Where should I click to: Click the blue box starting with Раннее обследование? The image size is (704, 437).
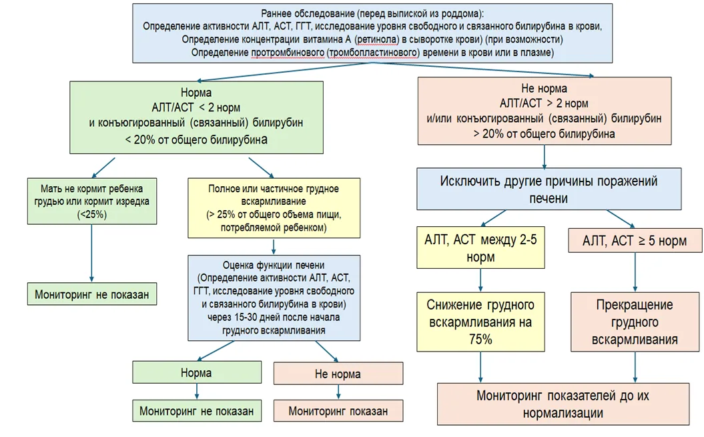[372, 33]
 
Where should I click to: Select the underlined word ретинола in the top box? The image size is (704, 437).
[376, 39]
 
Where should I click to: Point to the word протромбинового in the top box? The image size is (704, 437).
[288, 53]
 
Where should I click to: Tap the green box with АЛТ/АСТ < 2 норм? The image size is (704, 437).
[196, 117]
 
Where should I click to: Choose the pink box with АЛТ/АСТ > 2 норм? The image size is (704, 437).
[545, 111]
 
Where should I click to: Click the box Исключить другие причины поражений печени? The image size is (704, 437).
[549, 189]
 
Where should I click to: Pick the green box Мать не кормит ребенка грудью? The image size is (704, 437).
[92, 201]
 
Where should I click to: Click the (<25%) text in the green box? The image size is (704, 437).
[92, 215]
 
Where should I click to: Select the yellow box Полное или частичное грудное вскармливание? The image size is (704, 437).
[274, 208]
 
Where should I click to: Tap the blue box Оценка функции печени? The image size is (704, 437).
[274, 298]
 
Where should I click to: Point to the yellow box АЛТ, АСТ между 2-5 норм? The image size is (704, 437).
[480, 248]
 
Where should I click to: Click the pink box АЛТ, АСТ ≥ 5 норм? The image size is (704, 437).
[635, 241]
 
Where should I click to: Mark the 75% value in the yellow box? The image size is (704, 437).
[480, 340]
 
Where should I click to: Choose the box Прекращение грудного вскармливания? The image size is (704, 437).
[635, 322]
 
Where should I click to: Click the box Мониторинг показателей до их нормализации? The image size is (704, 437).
[563, 404]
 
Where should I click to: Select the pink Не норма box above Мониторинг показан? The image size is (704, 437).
[338, 373]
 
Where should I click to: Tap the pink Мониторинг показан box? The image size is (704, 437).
[338, 411]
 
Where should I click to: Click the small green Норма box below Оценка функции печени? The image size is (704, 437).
[197, 372]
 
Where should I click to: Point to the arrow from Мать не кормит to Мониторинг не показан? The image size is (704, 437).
[91, 253]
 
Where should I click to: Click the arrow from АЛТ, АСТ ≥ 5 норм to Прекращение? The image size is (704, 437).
[635, 272]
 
